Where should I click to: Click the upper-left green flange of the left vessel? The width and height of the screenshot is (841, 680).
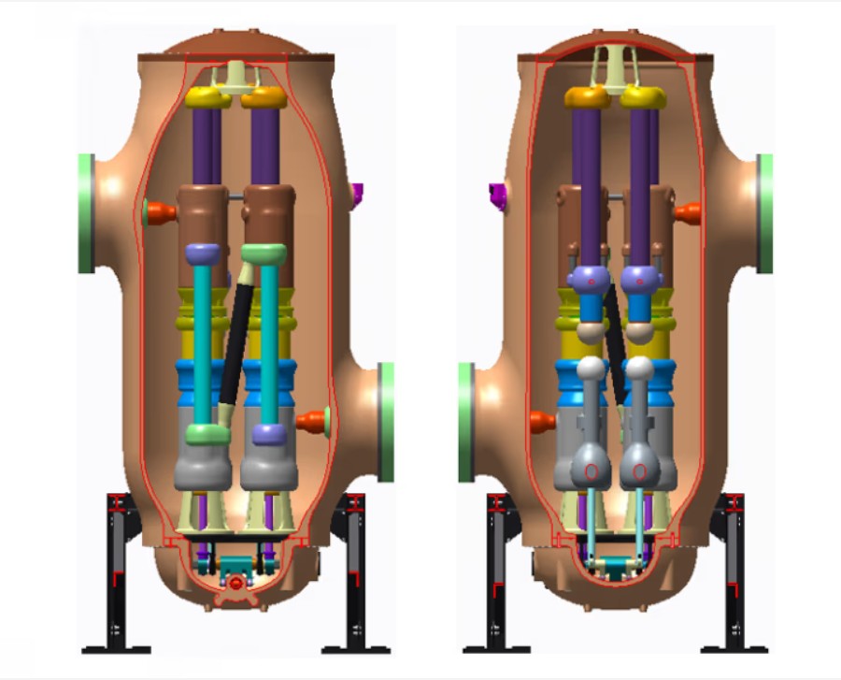[x=86, y=213]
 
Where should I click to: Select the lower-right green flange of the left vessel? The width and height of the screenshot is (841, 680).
[x=386, y=422]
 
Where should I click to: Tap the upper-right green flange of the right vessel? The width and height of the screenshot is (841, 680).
[x=765, y=213]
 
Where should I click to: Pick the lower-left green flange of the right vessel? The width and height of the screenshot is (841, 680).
[x=465, y=423]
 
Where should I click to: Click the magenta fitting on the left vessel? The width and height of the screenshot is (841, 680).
[x=356, y=193]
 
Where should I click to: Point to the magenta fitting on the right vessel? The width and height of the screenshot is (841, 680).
[x=497, y=193]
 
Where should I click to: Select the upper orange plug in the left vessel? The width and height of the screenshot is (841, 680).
[x=160, y=212]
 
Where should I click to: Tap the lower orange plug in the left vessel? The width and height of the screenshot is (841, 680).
[x=312, y=421]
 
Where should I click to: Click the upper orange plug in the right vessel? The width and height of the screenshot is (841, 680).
[x=689, y=213]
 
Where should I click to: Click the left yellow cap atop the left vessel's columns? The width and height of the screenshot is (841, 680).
[x=207, y=97]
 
